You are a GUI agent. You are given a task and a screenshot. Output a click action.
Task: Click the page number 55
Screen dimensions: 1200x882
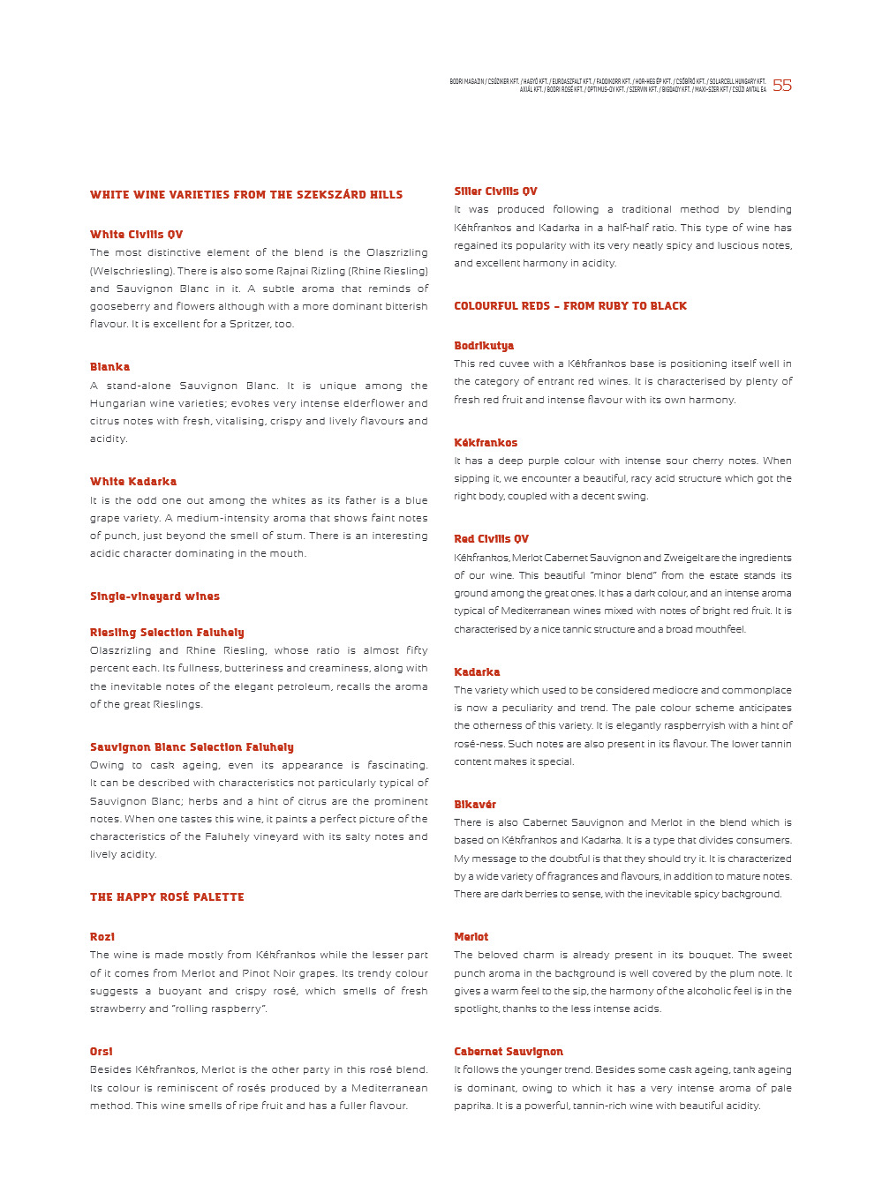click(x=782, y=86)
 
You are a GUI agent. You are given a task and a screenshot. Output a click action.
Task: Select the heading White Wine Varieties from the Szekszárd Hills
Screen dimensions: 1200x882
click(x=246, y=195)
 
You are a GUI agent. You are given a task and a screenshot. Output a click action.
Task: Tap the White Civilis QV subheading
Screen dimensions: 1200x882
click(x=136, y=235)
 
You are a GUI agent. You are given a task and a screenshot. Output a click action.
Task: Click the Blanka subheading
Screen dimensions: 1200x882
click(x=109, y=367)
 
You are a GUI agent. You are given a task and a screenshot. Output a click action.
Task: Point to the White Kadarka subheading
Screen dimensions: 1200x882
click(x=133, y=482)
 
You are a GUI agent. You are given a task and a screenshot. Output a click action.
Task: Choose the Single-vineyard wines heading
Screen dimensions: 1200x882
click(x=155, y=596)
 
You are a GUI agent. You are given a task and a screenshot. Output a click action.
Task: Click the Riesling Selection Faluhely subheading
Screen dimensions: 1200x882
click(x=167, y=633)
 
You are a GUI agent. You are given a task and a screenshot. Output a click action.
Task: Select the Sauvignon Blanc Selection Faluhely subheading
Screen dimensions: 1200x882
click(x=192, y=747)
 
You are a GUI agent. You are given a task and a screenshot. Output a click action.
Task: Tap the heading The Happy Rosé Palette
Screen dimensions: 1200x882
click(x=167, y=897)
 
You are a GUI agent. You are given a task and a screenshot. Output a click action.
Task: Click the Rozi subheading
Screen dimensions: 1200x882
click(x=102, y=937)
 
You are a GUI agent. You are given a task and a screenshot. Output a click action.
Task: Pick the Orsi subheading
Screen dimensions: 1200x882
click(x=102, y=1052)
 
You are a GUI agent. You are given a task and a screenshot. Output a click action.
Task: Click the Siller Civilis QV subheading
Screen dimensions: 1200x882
click(x=495, y=191)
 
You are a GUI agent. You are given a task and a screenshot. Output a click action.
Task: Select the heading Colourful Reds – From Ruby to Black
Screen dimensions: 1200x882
click(x=570, y=306)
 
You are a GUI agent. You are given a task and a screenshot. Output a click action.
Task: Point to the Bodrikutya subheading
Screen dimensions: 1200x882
click(x=484, y=346)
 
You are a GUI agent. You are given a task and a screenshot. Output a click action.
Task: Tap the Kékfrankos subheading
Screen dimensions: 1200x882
click(x=486, y=443)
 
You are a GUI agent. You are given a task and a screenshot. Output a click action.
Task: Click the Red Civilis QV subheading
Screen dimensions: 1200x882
click(x=491, y=539)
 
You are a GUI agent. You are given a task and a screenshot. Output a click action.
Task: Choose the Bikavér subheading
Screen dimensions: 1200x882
click(x=475, y=805)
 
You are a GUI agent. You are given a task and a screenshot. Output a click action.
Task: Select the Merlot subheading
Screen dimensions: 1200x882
click(x=471, y=937)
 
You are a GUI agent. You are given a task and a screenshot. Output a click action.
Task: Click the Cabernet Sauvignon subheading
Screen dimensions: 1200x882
click(x=509, y=1052)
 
